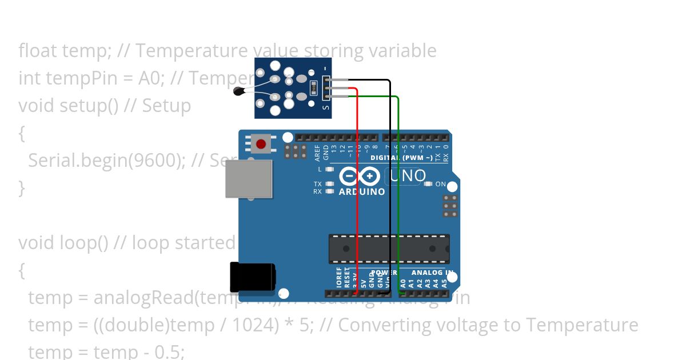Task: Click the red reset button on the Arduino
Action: pyautogui.click(x=261, y=143)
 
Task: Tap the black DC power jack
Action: pyautogui.click(x=252, y=276)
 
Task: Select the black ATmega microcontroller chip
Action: pyautogui.click(x=389, y=249)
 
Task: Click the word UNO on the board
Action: pyautogui.click(x=407, y=175)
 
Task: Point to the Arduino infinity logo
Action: pyautogui.click(x=360, y=175)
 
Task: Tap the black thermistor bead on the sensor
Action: pyautogui.click(x=239, y=90)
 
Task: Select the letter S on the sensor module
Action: pyautogui.click(x=326, y=107)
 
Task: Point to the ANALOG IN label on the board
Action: pyautogui.click(x=432, y=273)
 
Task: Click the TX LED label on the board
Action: pyautogui.click(x=317, y=184)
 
